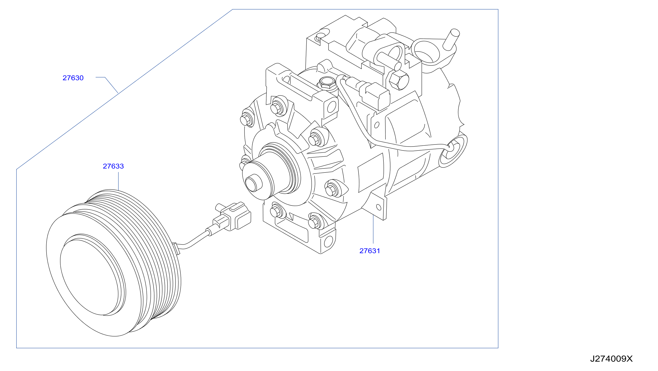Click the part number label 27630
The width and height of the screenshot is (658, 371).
[73, 78]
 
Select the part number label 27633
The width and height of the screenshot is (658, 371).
[113, 166]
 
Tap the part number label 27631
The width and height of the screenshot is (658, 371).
[370, 251]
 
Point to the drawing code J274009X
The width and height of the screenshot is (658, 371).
[611, 359]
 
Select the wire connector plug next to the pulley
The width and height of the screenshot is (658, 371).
[232, 216]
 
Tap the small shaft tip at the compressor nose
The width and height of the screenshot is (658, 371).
[253, 182]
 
